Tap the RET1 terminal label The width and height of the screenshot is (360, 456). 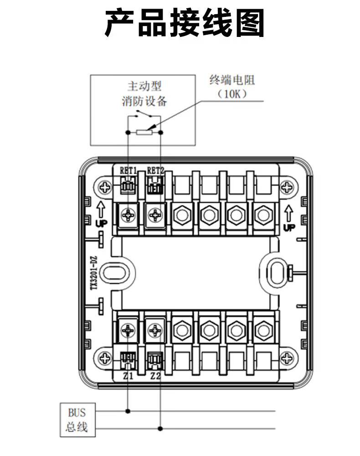click(x=128, y=171)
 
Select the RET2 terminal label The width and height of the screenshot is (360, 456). click(x=155, y=171)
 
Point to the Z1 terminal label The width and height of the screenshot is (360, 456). click(x=128, y=377)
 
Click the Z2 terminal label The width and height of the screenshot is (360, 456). click(x=155, y=377)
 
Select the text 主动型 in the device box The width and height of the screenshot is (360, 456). click(x=144, y=86)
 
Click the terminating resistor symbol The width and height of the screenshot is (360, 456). click(x=144, y=132)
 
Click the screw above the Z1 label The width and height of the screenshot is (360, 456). click(x=129, y=330)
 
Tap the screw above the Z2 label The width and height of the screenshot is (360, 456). click(x=155, y=330)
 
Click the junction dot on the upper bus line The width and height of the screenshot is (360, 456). click(x=128, y=411)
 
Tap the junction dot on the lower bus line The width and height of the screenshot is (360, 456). click(x=160, y=429)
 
